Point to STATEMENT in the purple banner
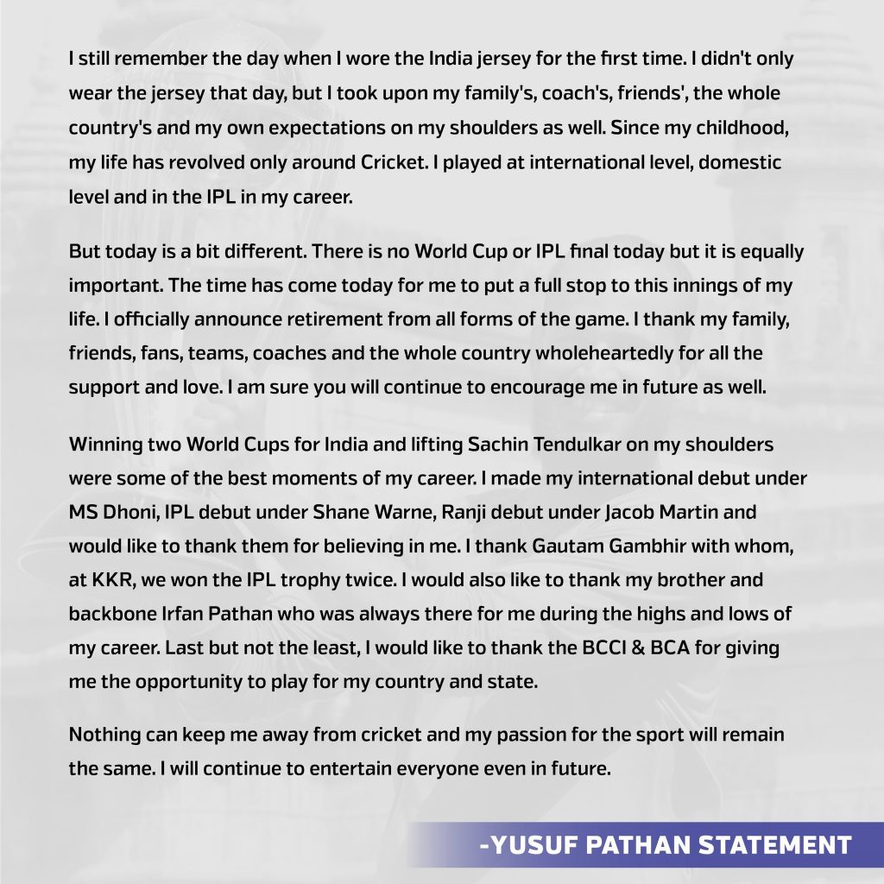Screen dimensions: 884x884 pos(769,843)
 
